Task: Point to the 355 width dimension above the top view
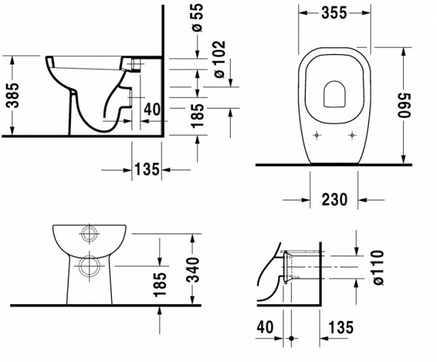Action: (335, 13)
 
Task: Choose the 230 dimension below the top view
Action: (334, 199)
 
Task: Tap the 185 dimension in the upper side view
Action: (198, 115)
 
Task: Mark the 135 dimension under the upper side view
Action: (147, 169)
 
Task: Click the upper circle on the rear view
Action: (87, 234)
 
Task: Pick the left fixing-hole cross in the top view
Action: (317, 135)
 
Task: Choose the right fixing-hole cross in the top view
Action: (352, 135)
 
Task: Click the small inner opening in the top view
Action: (335, 94)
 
